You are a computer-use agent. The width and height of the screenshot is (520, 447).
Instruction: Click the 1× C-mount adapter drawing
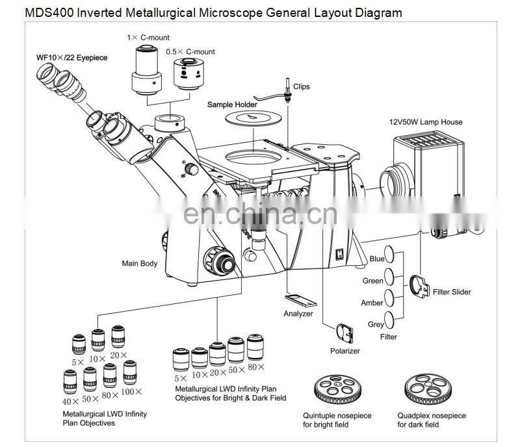(x=147, y=70)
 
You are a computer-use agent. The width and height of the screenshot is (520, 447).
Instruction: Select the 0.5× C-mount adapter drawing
(x=188, y=74)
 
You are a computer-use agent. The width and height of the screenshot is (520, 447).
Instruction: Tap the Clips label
(x=302, y=86)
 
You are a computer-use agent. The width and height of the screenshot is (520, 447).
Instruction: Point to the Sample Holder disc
(x=253, y=118)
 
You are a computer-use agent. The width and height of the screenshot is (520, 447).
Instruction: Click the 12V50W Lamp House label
(x=426, y=122)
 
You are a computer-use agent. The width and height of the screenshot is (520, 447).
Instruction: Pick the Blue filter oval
(x=389, y=254)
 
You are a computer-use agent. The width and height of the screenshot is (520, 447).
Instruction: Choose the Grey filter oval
(x=389, y=320)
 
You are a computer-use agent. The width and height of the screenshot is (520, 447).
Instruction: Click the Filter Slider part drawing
(x=419, y=286)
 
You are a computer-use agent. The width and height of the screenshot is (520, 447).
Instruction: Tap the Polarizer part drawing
(x=344, y=333)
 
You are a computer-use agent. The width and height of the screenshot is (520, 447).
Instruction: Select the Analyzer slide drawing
(x=301, y=300)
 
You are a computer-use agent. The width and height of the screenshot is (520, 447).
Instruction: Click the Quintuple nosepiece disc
(x=337, y=389)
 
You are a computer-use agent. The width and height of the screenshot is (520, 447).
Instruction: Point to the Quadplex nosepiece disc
(x=428, y=389)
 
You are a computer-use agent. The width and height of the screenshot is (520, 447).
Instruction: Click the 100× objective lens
(x=129, y=372)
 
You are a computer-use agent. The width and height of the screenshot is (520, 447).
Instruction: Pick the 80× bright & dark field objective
(x=255, y=347)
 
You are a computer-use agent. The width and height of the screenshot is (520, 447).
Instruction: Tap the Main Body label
(x=140, y=264)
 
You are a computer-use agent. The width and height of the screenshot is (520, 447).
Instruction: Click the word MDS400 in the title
(x=50, y=13)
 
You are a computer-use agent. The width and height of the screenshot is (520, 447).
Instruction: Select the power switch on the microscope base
(x=339, y=255)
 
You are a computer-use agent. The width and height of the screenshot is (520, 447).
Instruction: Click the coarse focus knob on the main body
(x=220, y=261)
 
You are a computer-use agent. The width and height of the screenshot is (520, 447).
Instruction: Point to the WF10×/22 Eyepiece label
(x=72, y=58)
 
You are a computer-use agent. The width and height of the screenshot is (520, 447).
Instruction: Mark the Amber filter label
(x=372, y=303)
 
